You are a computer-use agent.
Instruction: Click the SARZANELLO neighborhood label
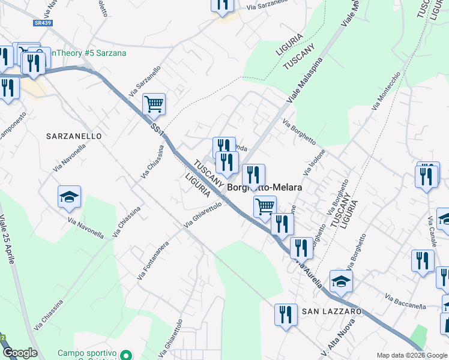coord(74,136)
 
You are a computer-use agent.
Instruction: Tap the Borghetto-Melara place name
coord(265,187)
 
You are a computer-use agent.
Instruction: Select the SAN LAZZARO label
coord(331,311)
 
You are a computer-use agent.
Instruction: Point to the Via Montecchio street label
coord(386,91)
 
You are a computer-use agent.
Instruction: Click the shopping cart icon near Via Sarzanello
coord(154,104)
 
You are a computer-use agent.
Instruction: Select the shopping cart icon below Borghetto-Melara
coord(265,206)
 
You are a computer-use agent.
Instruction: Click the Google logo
coord(19,353)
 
